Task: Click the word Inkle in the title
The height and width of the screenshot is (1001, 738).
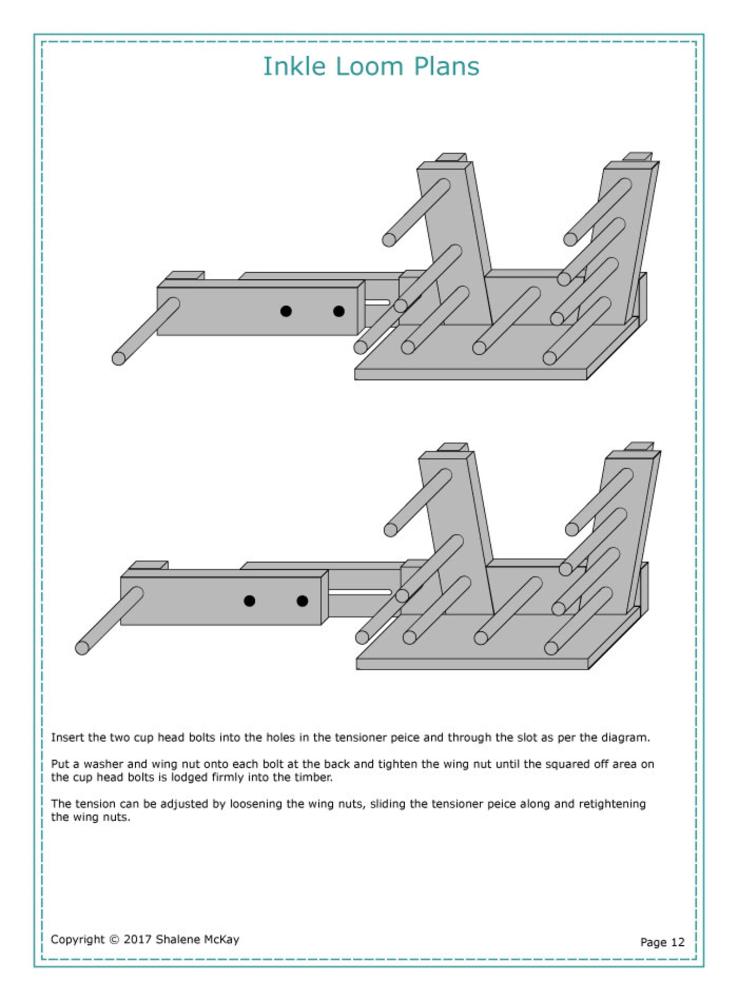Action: [x=294, y=66]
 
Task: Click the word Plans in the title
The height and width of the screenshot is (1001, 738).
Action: [x=446, y=66]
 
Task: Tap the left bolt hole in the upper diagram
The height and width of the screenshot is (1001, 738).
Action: [x=286, y=311]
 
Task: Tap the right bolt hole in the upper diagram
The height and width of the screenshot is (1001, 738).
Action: [x=339, y=311]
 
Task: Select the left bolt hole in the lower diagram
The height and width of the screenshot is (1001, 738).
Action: [x=250, y=601]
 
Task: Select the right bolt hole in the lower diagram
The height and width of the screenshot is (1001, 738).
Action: [x=302, y=601]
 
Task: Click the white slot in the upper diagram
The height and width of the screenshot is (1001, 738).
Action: [x=377, y=302]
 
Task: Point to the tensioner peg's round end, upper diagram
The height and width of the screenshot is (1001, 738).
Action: [x=119, y=359]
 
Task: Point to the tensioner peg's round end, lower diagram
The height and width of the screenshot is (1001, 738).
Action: [x=82, y=648]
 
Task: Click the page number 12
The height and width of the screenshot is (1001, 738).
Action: [x=678, y=942]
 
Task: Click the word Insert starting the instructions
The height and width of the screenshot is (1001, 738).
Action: [x=65, y=737]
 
